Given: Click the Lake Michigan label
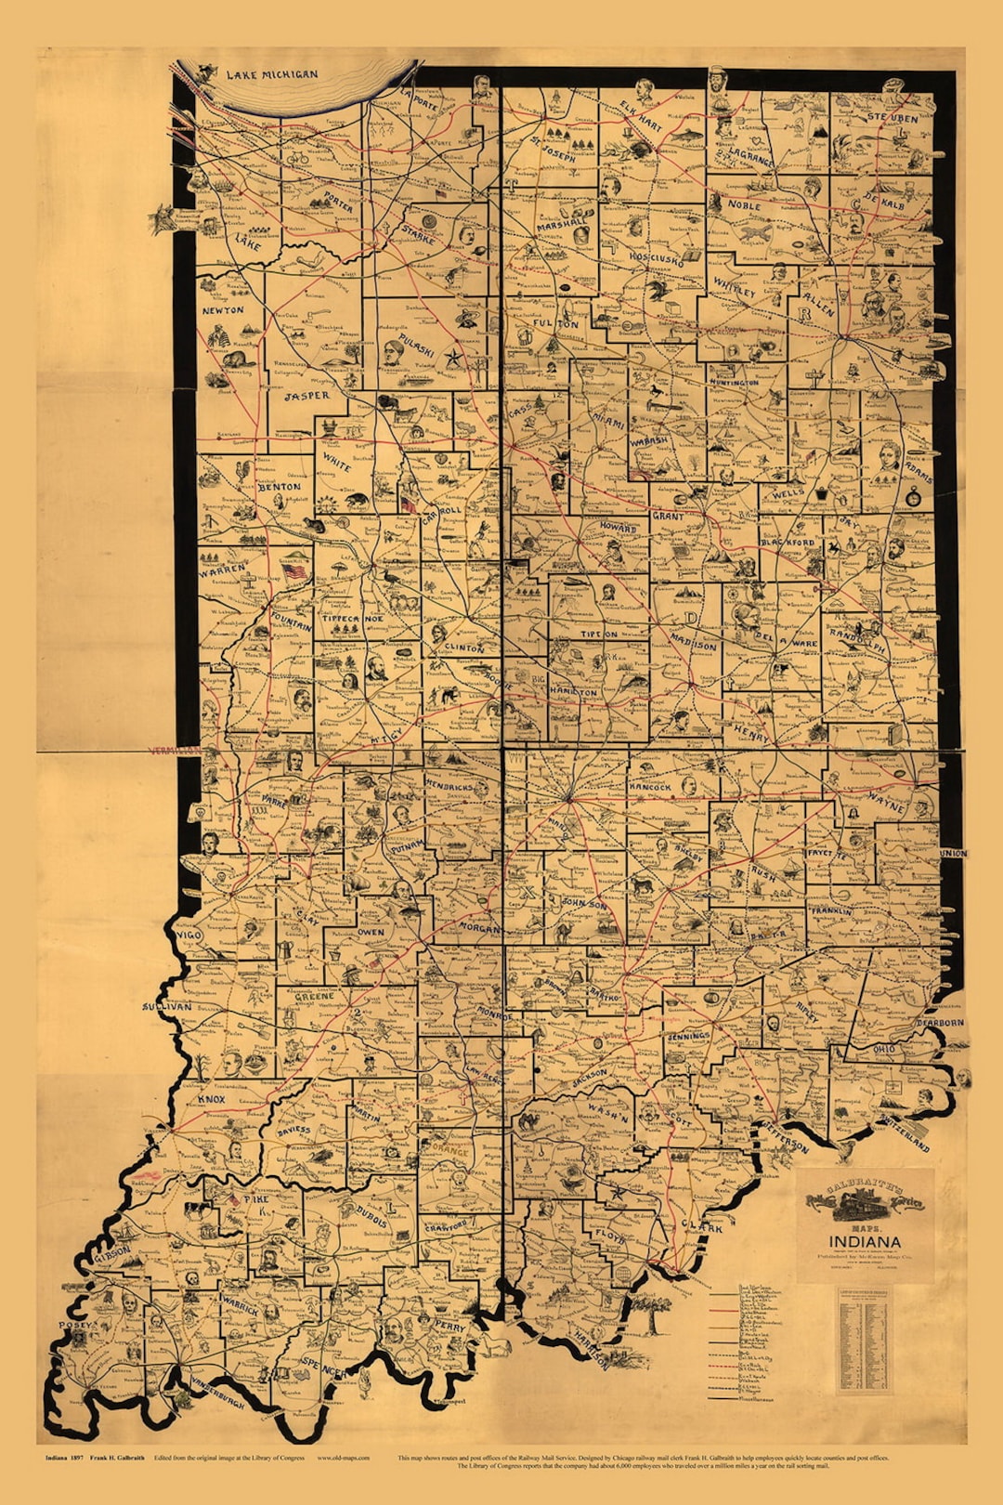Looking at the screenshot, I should click(272, 74).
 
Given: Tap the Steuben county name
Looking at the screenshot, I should click(892, 118).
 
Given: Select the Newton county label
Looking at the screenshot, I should click(223, 310).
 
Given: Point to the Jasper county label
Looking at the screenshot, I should click(306, 396).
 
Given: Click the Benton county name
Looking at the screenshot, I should click(280, 486).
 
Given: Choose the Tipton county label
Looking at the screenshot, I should click(598, 635).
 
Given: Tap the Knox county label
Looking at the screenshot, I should click(212, 1099).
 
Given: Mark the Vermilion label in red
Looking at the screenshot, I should click(174, 750).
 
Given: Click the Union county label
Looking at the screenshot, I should click(953, 853).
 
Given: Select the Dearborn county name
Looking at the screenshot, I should click(940, 1023).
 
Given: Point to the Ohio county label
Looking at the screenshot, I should click(884, 1049).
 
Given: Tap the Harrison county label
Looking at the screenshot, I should click(591, 1350).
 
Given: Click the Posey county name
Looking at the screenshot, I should click(77, 1325).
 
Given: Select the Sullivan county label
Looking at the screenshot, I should click(166, 1006).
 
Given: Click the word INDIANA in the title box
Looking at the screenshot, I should click(864, 1241).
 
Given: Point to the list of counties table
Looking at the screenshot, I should click(864, 1338).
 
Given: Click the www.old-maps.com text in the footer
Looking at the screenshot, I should click(343, 1458).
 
